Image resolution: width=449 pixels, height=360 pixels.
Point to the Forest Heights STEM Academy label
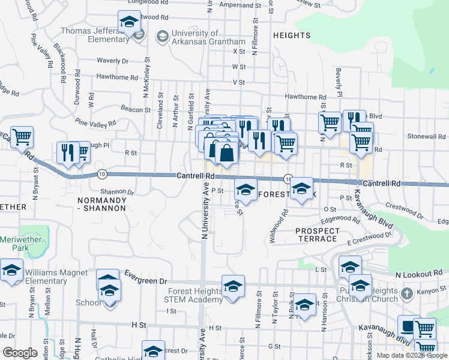tap(187, 296)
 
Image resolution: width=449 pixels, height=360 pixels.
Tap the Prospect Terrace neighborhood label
tap(316, 235)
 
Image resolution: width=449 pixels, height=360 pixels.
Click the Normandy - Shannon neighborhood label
tap(101, 203)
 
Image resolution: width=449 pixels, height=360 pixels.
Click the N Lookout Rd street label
tap(418, 273)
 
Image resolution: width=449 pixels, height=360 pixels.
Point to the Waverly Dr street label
tap(113, 61)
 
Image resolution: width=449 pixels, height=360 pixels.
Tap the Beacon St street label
tap(135, 109)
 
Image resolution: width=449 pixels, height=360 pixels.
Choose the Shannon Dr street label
tap(116, 192)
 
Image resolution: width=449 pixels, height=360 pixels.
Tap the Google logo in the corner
tap(20, 353)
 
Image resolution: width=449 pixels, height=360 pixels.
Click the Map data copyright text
tap(412, 355)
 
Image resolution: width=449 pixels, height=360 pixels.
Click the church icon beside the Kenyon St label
tap(408, 294)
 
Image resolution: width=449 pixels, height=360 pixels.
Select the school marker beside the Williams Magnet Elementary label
tap(11, 272)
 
